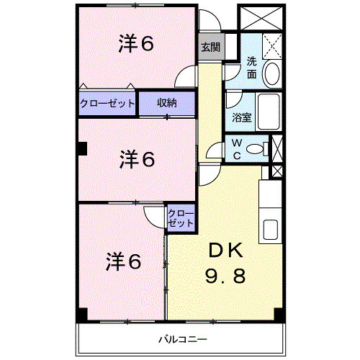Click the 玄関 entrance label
click(x=210, y=48)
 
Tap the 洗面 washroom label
click(x=252, y=68)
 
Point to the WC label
click(x=235, y=149)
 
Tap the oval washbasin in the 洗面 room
click(x=272, y=73)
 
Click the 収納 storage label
click(x=167, y=103)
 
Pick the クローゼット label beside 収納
click(x=107, y=103)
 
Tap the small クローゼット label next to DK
click(x=180, y=218)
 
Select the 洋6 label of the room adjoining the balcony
click(x=125, y=261)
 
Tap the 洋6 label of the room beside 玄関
click(x=135, y=44)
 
